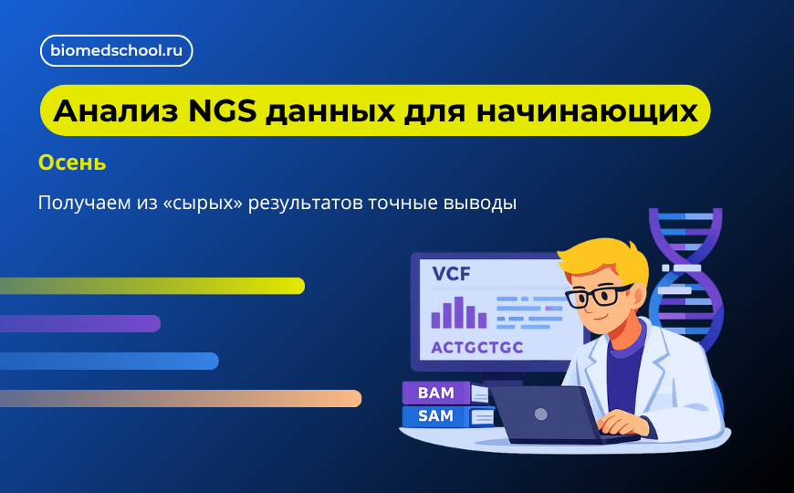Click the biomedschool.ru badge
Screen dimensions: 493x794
click(116, 51)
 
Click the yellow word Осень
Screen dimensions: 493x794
click(72, 163)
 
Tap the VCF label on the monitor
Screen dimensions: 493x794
click(454, 274)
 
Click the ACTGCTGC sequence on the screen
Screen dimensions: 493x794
click(477, 348)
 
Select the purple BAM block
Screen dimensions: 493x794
click(436, 393)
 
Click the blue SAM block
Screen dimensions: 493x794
click(436, 416)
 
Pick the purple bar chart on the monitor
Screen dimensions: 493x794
click(458, 313)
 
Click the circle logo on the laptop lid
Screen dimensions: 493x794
click(541, 414)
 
